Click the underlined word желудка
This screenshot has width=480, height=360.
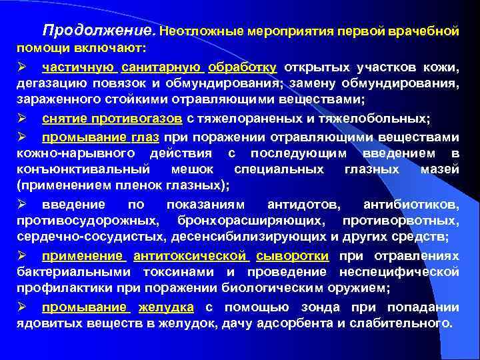coord(166,307)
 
